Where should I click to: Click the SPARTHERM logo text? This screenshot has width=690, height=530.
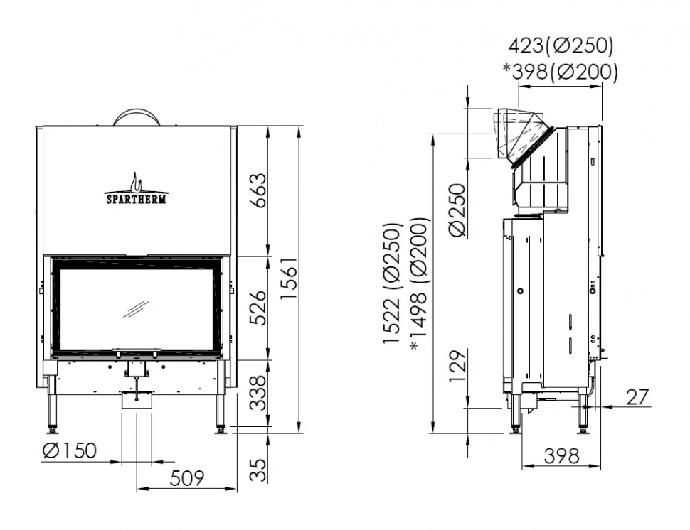[x=137, y=200]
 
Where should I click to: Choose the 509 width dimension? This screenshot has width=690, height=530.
[x=187, y=477]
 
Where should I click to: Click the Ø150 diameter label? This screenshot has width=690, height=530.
[x=69, y=450]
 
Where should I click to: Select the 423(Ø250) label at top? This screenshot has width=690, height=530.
[x=561, y=46]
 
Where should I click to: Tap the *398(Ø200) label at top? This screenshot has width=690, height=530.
[x=561, y=71]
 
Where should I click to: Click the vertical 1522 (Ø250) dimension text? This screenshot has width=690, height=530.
[x=393, y=284]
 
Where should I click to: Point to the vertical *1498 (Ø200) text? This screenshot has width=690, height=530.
[x=420, y=284]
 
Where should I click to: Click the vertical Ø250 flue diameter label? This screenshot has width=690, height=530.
[x=457, y=210]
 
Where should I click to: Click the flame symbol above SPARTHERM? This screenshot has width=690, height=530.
[x=137, y=181]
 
